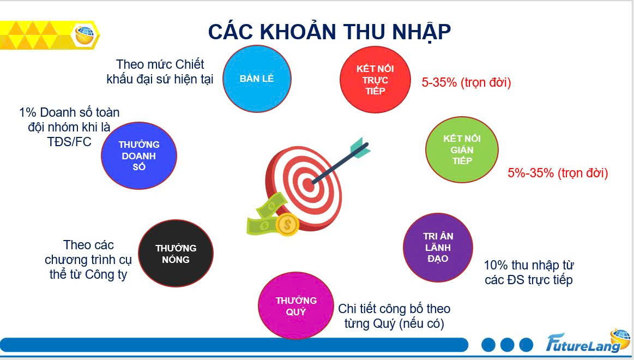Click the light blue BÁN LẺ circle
coord(257,79)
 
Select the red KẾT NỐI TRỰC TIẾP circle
coord(375,80)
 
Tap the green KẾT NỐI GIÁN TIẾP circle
coord(462,149)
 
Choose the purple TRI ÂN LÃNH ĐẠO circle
coord(438,247)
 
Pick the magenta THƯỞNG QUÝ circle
coord(296,305)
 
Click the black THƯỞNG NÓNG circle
coord(176,254)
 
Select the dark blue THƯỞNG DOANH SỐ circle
coord(138,155)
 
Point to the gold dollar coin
coord(287,225)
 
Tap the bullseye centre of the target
coord(308,185)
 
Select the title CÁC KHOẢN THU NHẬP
coord(329,32)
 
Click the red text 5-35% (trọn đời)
coord(466,82)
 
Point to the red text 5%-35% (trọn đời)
coord(558,173)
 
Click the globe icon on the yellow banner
coord(84,34)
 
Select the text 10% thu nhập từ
coord(529,265)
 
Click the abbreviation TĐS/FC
coord(69,142)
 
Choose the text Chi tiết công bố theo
coord(394,309)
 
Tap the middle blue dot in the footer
coord(507,345)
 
